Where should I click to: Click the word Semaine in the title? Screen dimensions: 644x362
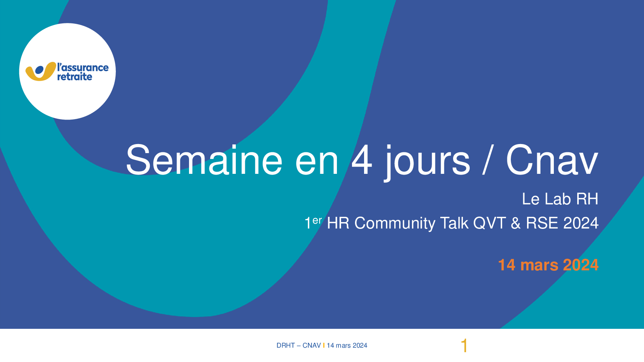pos(204,160)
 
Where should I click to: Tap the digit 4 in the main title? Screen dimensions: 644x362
pos(362,160)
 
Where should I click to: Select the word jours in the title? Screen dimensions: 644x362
pos(427,162)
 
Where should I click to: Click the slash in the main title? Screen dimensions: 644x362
pos(488,160)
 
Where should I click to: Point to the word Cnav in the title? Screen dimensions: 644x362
pos(552,160)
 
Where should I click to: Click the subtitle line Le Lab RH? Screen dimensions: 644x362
pos(560,199)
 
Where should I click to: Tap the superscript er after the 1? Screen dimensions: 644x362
pos(317,220)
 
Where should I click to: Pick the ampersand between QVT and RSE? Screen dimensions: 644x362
pos(516,223)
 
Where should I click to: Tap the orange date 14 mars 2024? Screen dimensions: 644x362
pos(548,265)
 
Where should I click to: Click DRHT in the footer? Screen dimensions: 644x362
pos(286,345)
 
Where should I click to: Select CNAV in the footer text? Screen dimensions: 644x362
pos(312,345)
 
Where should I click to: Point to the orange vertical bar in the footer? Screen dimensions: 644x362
pos(324,345)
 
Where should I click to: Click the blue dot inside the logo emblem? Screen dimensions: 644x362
pos(39,70)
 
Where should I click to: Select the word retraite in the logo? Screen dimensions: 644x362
pos(75,77)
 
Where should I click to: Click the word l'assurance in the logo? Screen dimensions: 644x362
pos(83,67)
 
